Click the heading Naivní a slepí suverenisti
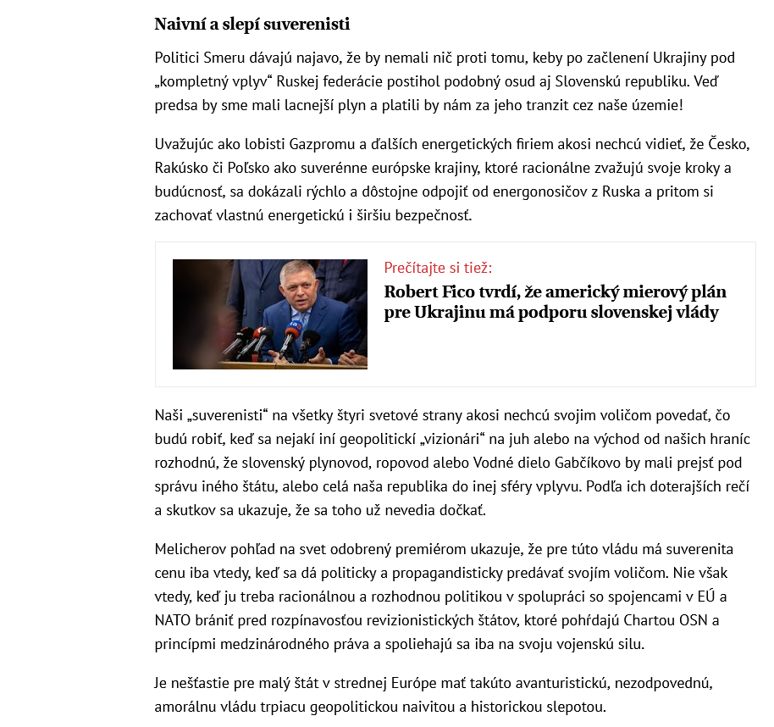(x=252, y=24)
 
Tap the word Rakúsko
(x=181, y=167)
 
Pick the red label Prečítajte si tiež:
(x=438, y=268)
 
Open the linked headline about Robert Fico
(x=555, y=302)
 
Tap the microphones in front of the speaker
(x=263, y=340)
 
